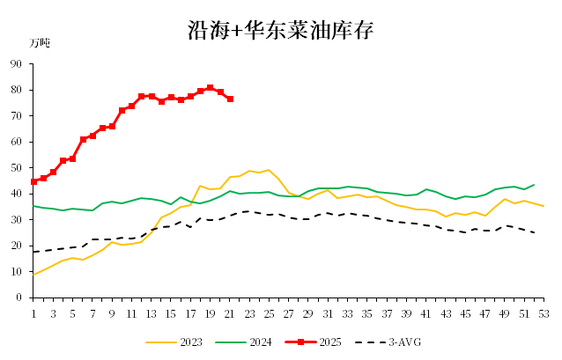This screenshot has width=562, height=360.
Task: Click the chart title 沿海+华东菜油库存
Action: click(x=281, y=30)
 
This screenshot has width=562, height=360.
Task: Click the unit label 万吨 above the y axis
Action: click(x=41, y=42)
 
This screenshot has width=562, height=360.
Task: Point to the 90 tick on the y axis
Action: click(x=17, y=64)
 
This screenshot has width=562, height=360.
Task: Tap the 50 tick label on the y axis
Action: click(x=17, y=168)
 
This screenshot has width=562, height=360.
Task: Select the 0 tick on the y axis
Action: click(x=19, y=298)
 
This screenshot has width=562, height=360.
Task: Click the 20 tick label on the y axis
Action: click(x=17, y=246)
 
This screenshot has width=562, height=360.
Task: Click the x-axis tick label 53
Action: click(x=544, y=312)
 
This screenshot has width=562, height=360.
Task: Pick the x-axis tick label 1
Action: click(x=33, y=312)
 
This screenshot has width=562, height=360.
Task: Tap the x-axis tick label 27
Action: click(x=289, y=312)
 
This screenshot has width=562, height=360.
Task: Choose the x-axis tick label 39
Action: click(x=406, y=312)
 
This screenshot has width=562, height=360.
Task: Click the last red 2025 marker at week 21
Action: click(x=230, y=99)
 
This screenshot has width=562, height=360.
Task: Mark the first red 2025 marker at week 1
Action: click(x=33, y=181)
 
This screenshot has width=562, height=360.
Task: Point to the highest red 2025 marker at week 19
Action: click(x=211, y=88)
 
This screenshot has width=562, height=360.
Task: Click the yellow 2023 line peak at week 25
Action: click(x=269, y=170)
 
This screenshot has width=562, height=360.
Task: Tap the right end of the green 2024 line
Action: click(x=534, y=185)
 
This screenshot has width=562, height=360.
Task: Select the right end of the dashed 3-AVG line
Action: click(x=534, y=232)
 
